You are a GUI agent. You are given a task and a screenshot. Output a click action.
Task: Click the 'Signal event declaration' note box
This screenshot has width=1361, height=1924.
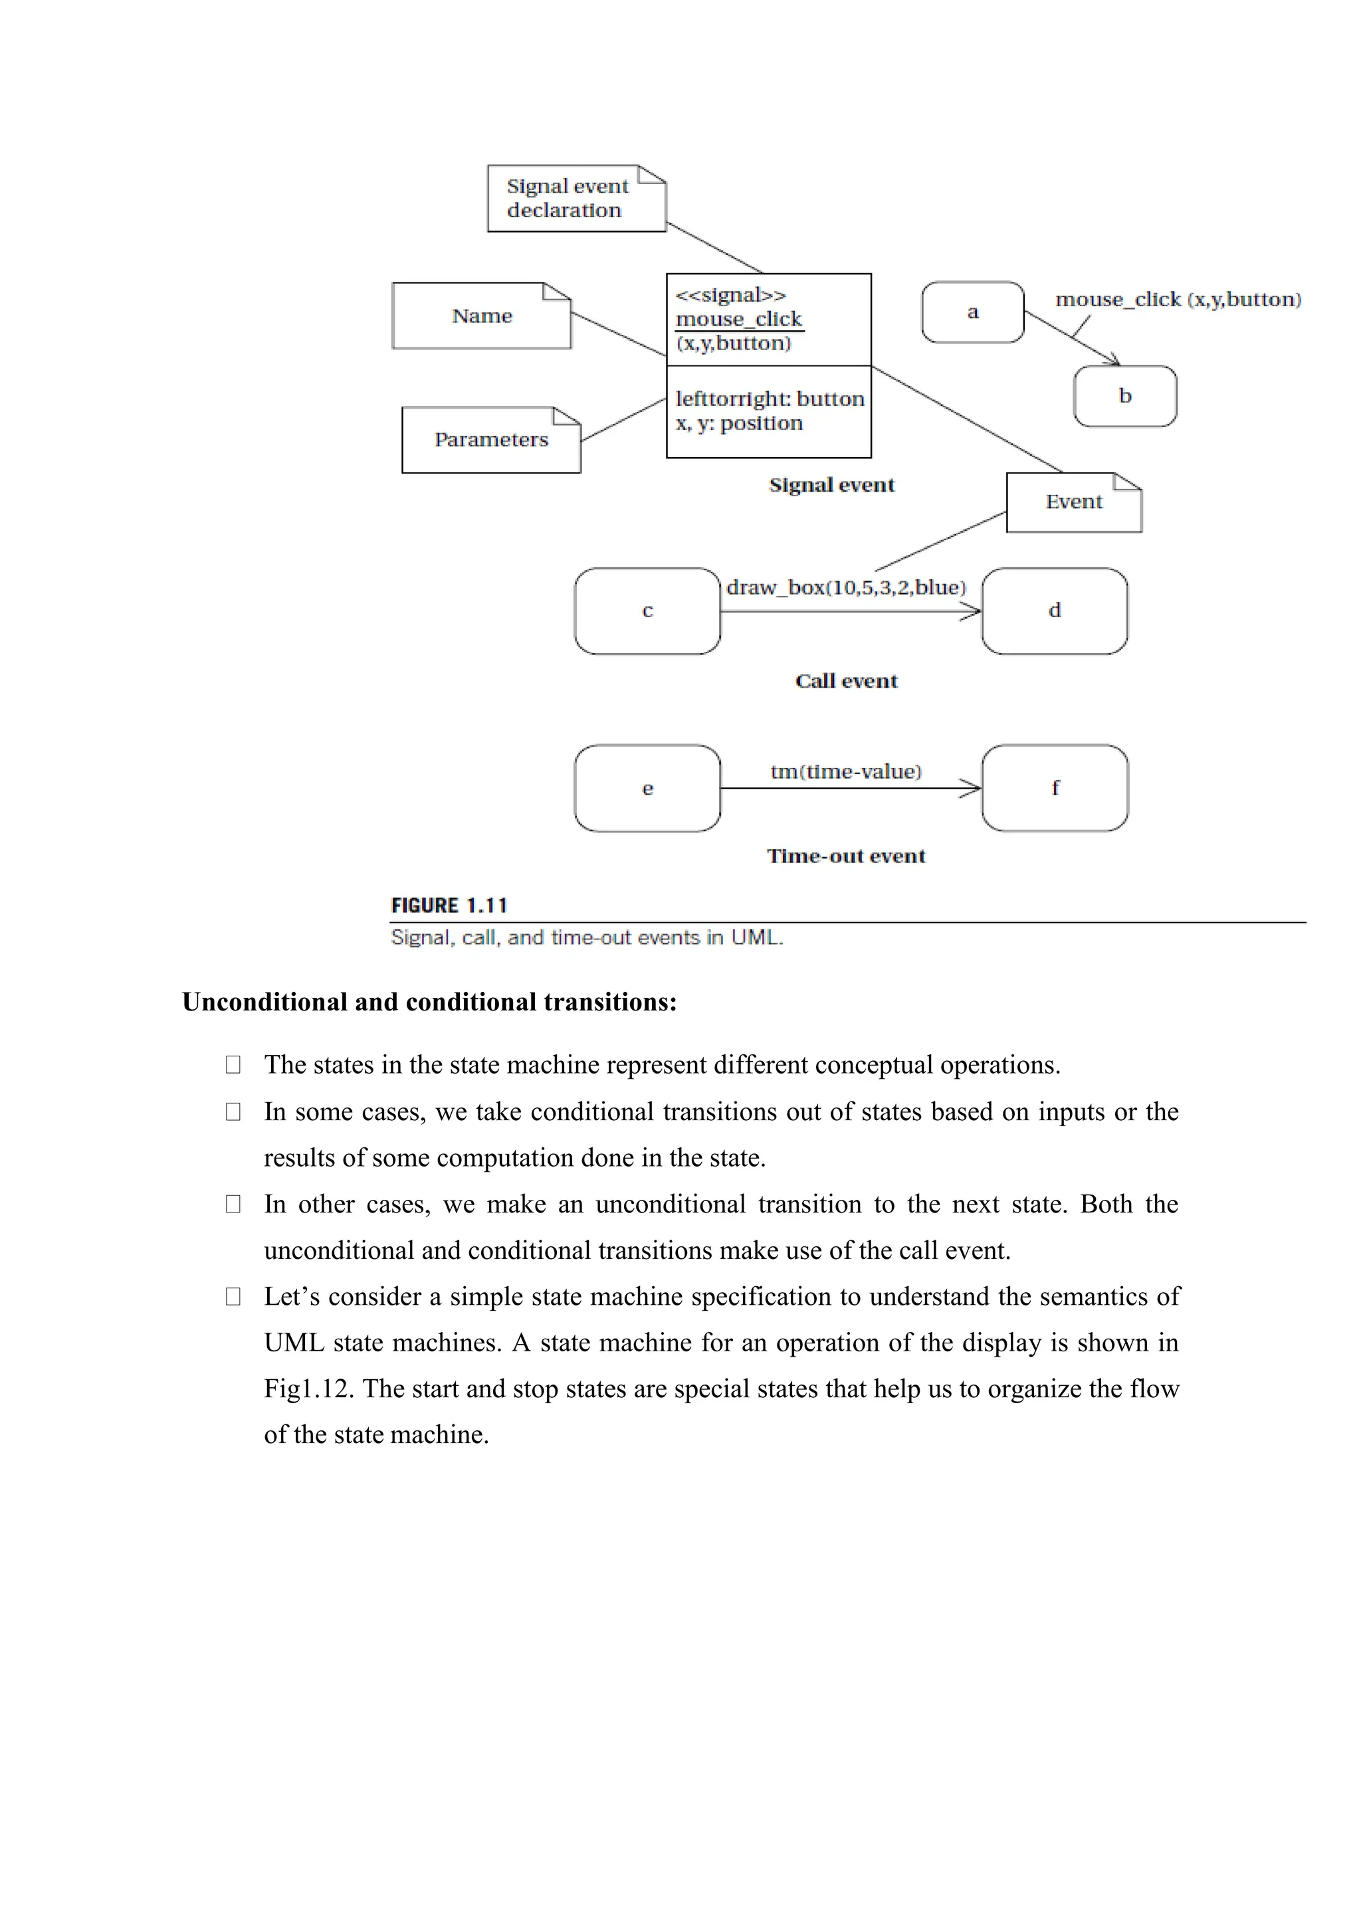pyautogui.click(x=576, y=199)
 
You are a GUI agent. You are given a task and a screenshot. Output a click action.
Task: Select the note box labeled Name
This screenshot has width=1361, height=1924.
pyautogui.click(x=481, y=316)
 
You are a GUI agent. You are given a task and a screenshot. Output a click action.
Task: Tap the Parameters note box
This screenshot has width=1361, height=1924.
pyautogui.click(x=491, y=440)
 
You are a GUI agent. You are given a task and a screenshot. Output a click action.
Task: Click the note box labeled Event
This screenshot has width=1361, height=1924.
pyautogui.click(x=1073, y=502)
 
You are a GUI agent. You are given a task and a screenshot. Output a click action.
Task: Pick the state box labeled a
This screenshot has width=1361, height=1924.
pyautogui.click(x=972, y=312)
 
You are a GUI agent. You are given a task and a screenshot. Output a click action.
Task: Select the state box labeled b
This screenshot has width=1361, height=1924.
pyautogui.click(x=1124, y=397)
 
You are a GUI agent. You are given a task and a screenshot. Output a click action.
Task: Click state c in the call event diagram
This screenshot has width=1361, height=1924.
pyautogui.click(x=647, y=611)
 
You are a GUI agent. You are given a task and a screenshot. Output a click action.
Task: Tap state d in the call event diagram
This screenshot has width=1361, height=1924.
pyautogui.click(x=1054, y=611)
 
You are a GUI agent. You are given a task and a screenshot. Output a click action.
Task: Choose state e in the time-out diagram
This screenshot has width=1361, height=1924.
pyautogui.click(x=647, y=789)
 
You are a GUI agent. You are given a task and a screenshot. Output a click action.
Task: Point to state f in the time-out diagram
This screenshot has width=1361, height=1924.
pyautogui.click(x=1054, y=789)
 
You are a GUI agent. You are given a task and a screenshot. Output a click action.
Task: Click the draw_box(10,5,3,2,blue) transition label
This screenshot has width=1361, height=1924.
pyautogui.click(x=845, y=587)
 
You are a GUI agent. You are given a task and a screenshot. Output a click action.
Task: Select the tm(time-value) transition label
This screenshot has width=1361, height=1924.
pyautogui.click(x=845, y=772)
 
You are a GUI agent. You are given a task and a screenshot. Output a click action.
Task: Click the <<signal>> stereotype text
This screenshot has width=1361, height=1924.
pyautogui.click(x=731, y=295)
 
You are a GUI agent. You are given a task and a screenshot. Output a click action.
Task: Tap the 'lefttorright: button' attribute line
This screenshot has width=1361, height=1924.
pyautogui.click(x=770, y=399)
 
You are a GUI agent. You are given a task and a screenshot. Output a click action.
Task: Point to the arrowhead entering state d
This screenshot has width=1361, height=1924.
pyautogui.click(x=972, y=613)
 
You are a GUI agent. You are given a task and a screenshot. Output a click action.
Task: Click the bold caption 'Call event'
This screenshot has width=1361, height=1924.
pyautogui.click(x=845, y=681)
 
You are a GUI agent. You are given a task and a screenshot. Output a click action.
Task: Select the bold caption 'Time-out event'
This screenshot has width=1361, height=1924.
pyautogui.click(x=845, y=856)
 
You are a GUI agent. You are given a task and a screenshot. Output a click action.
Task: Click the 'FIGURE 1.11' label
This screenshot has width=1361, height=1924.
pyautogui.click(x=449, y=906)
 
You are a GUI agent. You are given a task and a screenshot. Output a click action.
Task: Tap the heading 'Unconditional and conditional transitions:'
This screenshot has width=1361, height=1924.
pyautogui.click(x=429, y=1003)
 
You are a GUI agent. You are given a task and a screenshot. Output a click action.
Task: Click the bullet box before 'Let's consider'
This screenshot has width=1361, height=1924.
pyautogui.click(x=233, y=1296)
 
